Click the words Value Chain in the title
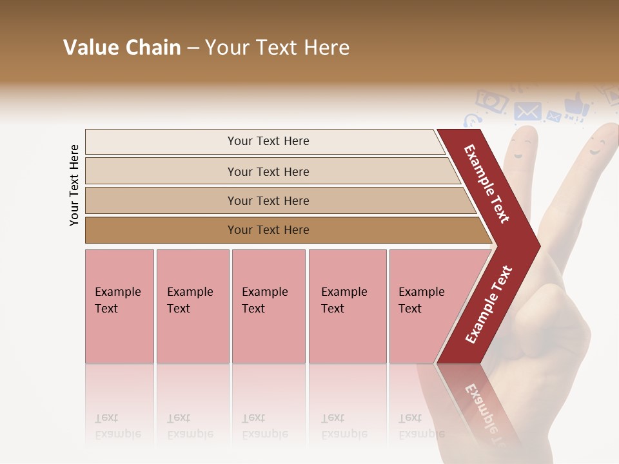coord(122,48)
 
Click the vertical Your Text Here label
coord(74,185)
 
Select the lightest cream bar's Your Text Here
coord(268,141)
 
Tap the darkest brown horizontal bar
coord(268,230)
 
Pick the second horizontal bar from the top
coord(268,171)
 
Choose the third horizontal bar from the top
coord(268,200)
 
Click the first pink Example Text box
coord(119,305)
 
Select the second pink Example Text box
coord(192,305)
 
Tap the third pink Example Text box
coord(268,305)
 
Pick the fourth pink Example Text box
coord(347,305)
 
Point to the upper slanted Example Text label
coord(487,183)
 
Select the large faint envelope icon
coord(527,111)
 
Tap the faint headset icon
coord(472,121)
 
